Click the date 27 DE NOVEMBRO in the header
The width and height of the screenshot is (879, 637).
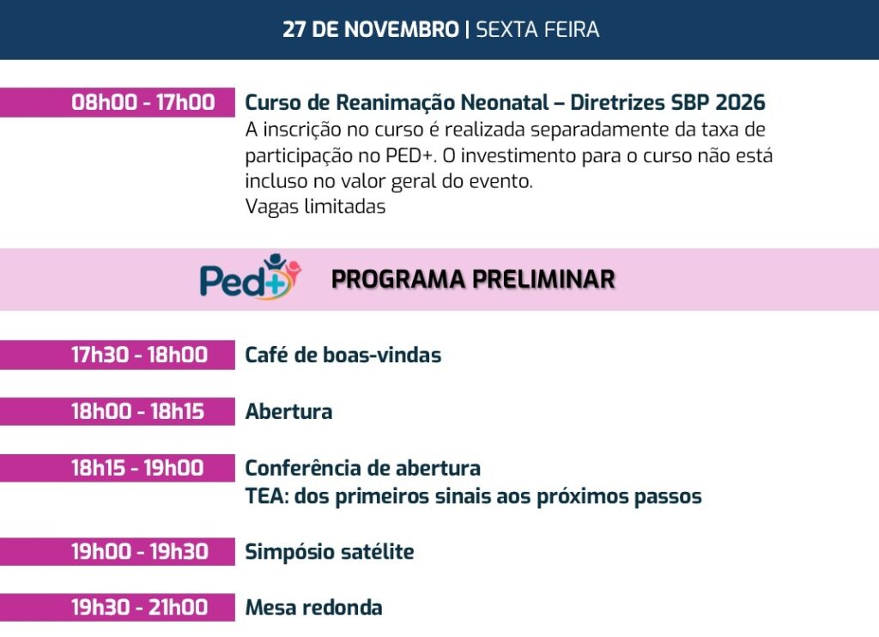point(371,29)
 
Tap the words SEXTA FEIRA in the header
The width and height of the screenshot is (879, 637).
point(537,29)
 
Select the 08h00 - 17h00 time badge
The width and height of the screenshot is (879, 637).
point(117,103)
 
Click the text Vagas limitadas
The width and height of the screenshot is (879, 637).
point(316,206)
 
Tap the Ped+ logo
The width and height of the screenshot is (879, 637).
point(251,276)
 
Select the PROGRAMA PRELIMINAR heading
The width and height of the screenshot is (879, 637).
point(473,279)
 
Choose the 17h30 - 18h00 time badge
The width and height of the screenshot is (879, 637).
point(117,355)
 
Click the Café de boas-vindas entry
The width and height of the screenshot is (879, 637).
point(343,355)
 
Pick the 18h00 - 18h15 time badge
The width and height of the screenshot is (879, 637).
point(117,411)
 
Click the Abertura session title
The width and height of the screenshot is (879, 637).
point(288,411)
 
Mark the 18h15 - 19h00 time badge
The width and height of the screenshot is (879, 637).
point(117,468)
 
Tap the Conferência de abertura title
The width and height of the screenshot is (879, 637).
point(363,468)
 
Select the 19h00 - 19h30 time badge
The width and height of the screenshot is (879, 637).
point(117,552)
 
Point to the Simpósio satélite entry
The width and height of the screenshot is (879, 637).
point(330,552)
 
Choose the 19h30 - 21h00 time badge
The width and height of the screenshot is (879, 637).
point(117,607)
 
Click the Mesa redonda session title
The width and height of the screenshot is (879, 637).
point(314,607)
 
